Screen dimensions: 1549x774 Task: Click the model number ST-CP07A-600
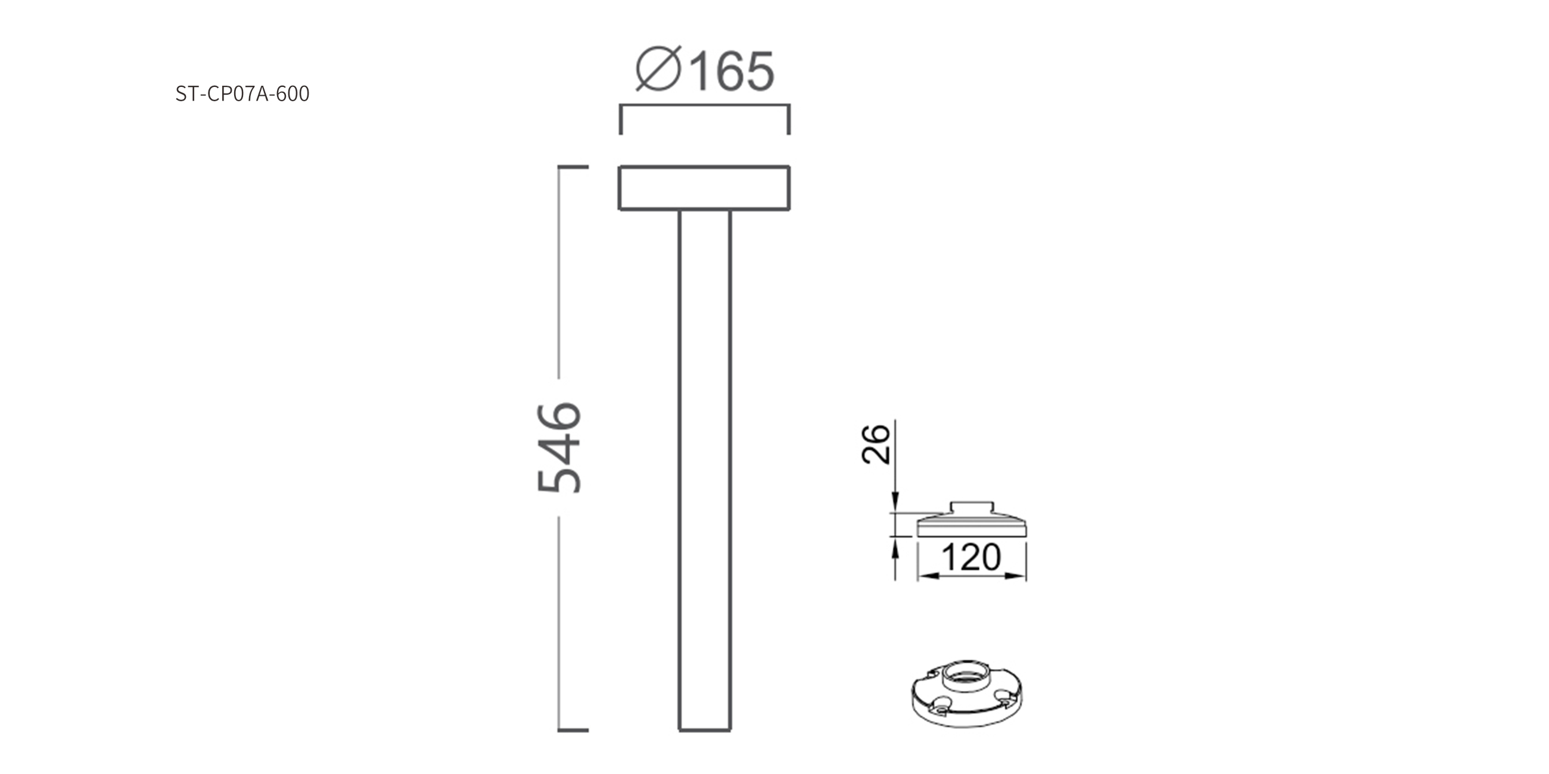pyautogui.click(x=242, y=93)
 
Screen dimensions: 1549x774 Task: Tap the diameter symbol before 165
pyautogui.click(x=658, y=68)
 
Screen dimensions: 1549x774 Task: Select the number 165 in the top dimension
pyautogui.click(x=732, y=71)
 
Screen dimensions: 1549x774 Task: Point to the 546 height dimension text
pyautogui.click(x=559, y=448)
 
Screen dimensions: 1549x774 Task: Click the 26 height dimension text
pyautogui.click(x=876, y=444)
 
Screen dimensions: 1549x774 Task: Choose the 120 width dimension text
pyautogui.click(x=971, y=557)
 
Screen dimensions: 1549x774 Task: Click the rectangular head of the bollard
pyautogui.click(x=704, y=188)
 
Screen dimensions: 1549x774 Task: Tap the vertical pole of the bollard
pyautogui.click(x=705, y=470)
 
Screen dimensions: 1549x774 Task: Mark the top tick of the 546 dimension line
pyautogui.click(x=573, y=167)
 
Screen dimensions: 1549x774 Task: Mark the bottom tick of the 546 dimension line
pyautogui.click(x=573, y=730)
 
